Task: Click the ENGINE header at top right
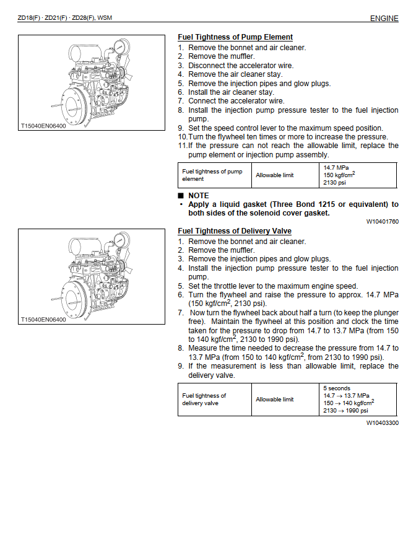(384, 19)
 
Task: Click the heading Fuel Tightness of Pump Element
(235, 37)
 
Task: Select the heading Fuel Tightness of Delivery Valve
(235, 231)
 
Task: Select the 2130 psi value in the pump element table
(334, 183)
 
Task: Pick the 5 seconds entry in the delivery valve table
(337, 388)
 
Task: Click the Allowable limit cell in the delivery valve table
(275, 400)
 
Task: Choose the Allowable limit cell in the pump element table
(275, 175)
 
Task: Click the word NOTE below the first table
(199, 195)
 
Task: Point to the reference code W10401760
(382, 221)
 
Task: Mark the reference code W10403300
(382, 423)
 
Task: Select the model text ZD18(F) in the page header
(30, 19)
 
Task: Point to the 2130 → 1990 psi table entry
(345, 411)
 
